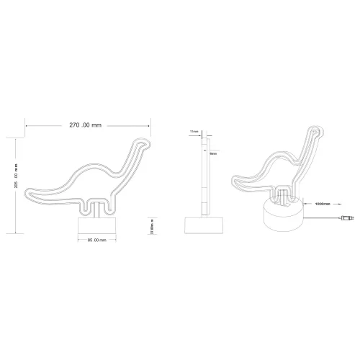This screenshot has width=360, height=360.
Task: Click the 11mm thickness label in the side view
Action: click(193, 132)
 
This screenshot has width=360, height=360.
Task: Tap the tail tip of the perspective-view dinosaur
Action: click(235, 179)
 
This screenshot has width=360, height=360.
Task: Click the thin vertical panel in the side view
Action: click(203, 173)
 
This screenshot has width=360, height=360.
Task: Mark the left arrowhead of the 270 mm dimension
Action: click(26, 125)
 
